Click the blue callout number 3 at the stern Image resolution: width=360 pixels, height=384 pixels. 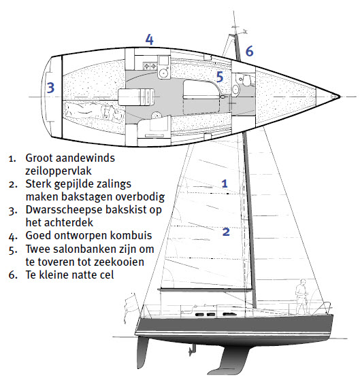50,88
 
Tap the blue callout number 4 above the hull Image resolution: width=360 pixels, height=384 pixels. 150,39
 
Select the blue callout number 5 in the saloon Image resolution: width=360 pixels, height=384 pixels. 220,77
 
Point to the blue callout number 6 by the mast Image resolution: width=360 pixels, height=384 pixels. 249,51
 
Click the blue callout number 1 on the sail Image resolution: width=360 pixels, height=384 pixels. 225,184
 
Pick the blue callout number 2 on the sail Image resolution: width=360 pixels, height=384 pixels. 226,232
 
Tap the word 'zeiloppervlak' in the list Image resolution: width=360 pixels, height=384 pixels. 59,171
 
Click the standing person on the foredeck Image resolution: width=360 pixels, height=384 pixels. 301,296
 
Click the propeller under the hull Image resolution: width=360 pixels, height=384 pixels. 192,350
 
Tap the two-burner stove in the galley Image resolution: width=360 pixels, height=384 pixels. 150,66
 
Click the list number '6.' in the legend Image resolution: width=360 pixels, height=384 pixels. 13,275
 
